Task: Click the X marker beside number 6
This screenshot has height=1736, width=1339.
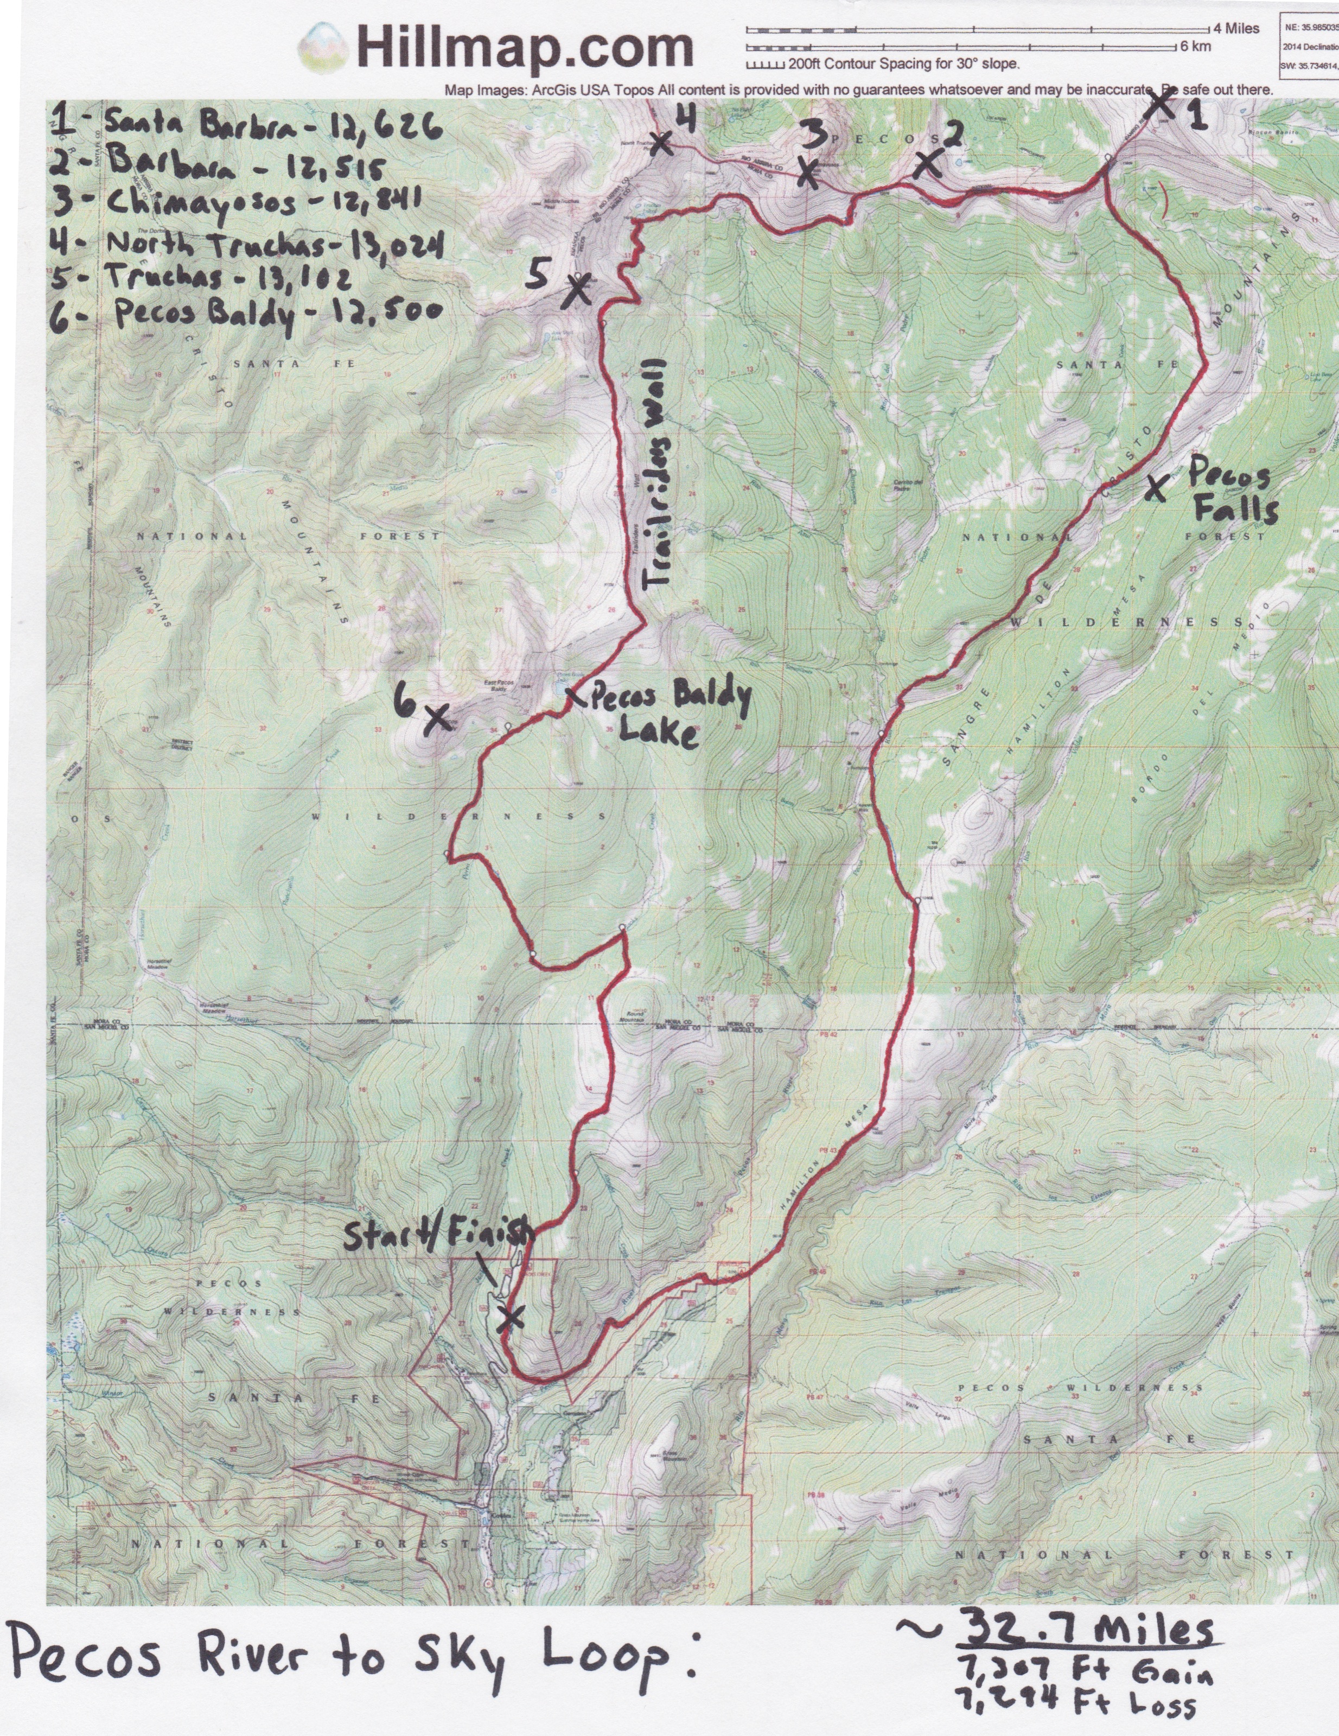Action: [438, 718]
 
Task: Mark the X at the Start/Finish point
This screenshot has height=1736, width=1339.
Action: [509, 1319]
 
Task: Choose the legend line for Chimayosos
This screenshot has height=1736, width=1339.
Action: [238, 201]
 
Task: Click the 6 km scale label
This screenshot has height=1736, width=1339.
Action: [1195, 46]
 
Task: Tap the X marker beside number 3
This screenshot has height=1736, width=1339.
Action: [807, 173]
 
